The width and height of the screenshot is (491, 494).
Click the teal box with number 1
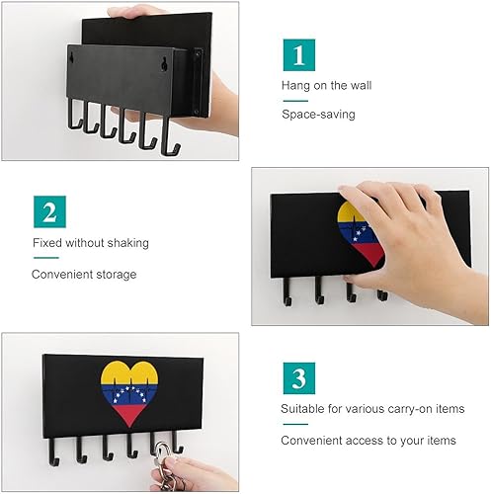click(x=299, y=55)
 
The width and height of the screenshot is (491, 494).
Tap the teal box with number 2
click(x=47, y=212)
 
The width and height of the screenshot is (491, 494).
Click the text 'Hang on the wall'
click(x=325, y=86)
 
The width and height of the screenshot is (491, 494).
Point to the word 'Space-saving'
click(x=318, y=115)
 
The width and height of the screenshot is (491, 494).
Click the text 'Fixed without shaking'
click(x=91, y=243)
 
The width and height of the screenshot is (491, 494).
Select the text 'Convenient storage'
click(x=84, y=274)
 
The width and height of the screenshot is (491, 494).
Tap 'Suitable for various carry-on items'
click(x=369, y=410)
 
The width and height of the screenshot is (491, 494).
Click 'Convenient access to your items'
click(x=368, y=441)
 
